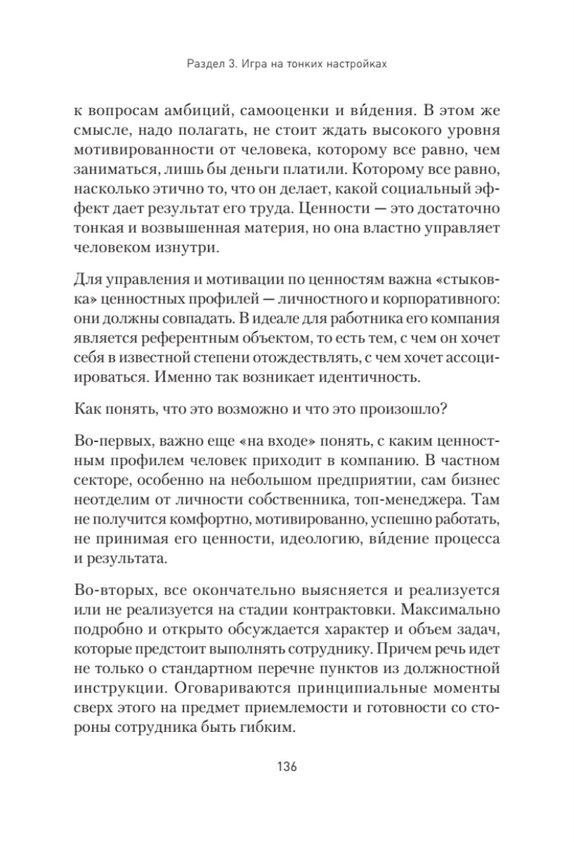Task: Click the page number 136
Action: (287, 766)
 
